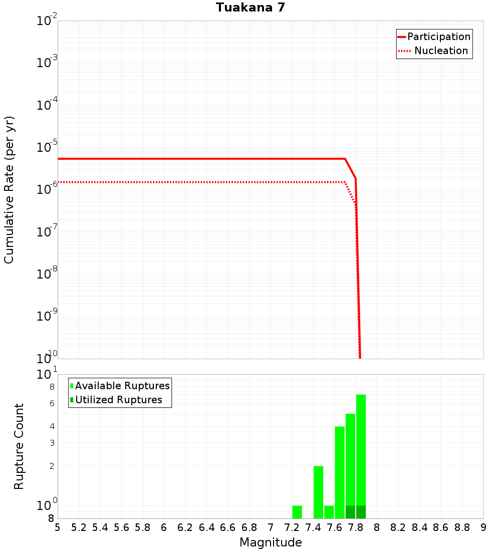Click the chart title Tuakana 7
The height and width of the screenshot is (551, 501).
250,8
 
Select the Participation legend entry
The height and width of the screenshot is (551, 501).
439,37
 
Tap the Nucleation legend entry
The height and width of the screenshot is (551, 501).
441,51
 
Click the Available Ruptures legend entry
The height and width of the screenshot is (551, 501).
122,386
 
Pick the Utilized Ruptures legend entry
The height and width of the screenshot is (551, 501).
118,400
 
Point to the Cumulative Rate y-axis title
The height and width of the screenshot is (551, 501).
9,189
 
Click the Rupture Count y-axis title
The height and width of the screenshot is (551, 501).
19,446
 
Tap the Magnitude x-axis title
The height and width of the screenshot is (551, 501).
271,542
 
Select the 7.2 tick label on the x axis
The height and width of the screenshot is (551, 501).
292,527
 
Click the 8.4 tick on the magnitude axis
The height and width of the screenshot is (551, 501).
420,527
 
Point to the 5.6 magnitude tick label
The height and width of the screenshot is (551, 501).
122,527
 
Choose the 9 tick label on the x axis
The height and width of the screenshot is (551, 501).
483,527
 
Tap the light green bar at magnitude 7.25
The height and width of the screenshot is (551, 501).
297,512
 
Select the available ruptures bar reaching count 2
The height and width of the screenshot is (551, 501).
318,492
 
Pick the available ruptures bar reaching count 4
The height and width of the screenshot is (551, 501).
340,472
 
